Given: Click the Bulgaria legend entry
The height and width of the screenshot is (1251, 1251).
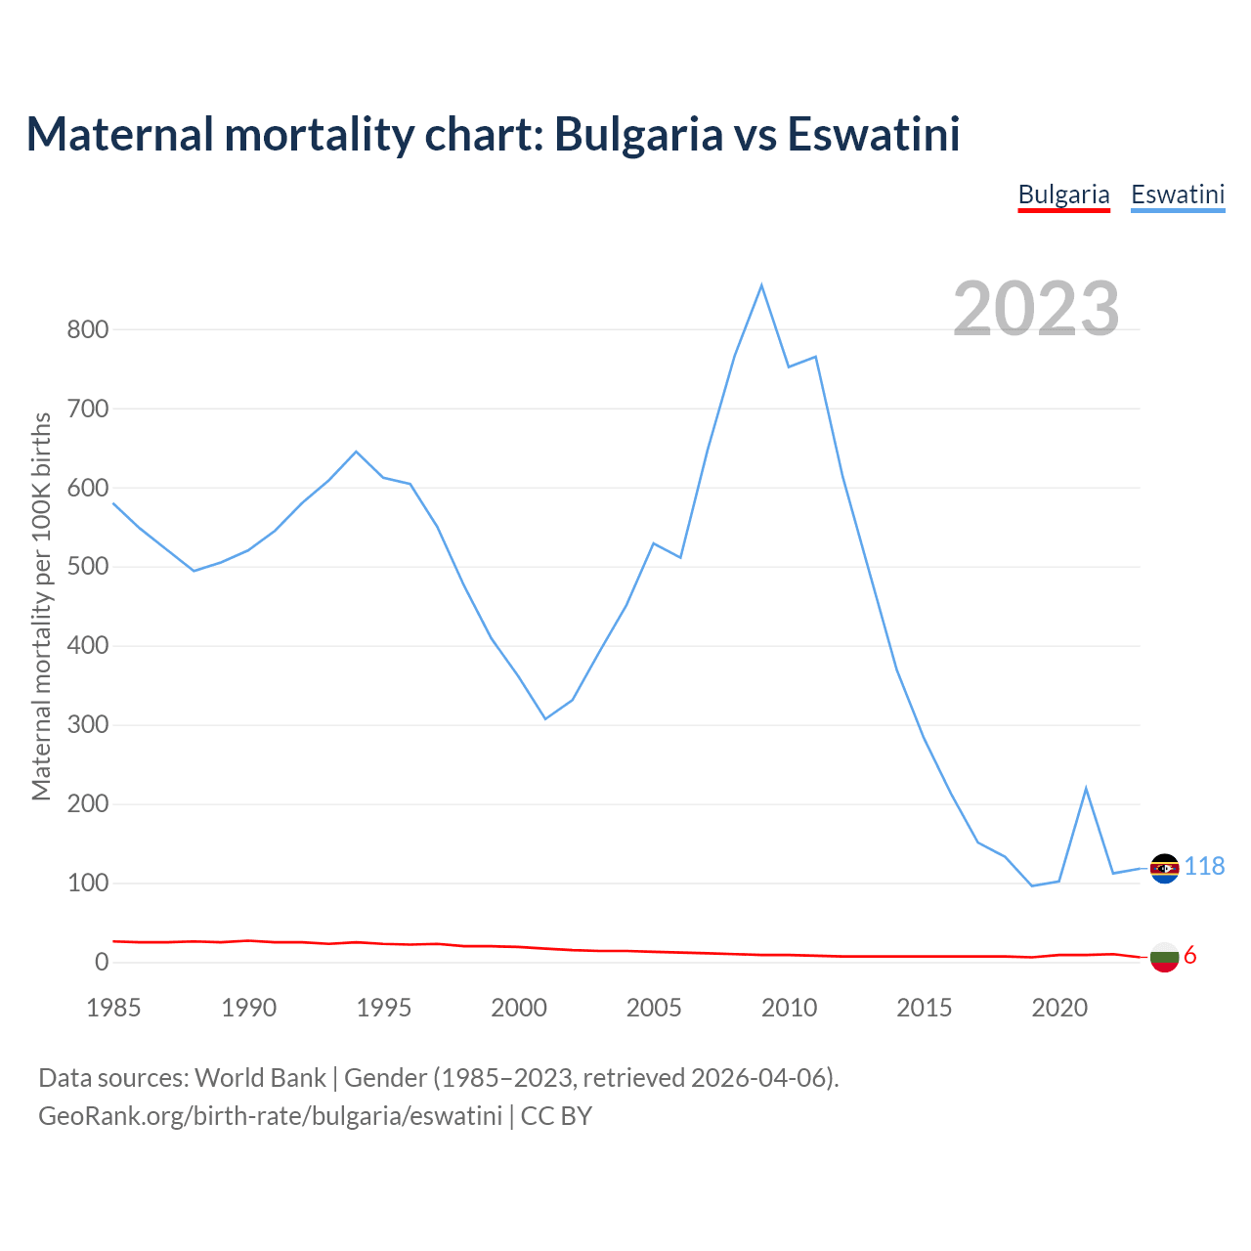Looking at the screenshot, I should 1063,194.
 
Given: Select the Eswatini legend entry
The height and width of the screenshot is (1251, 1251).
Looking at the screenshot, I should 1178,194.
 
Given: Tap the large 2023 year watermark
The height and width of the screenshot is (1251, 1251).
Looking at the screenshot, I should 1036,308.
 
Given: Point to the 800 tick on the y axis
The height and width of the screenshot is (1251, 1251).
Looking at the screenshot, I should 87,329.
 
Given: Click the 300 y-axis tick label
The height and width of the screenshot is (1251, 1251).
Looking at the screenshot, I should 87,725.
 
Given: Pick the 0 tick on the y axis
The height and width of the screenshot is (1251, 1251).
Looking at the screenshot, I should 102,963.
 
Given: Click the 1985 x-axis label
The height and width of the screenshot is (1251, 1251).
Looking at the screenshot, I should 113,1008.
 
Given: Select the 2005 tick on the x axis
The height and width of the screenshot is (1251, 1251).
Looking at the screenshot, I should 654,1008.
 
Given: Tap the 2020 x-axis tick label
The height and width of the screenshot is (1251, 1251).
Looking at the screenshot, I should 1059,1008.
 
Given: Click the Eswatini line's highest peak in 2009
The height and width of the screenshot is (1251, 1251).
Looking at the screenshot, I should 761,285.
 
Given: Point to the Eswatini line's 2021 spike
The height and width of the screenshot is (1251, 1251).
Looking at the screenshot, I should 1086,788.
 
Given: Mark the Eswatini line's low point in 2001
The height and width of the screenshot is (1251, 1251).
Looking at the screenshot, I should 545,718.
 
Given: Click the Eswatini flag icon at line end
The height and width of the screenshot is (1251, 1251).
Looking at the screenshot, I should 1164,868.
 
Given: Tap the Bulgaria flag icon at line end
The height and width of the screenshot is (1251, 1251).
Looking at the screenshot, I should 1164,957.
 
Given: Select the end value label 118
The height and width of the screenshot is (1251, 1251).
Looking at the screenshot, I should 1204,867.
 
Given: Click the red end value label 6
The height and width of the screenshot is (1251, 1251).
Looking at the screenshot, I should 1189,956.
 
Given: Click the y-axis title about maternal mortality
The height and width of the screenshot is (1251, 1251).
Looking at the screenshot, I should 41,606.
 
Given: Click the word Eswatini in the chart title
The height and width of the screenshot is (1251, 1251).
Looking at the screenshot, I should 874,134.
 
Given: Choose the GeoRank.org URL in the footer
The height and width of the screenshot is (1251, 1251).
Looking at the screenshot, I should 270,1116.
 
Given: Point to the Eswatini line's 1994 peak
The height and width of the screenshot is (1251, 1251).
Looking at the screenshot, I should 356,452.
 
